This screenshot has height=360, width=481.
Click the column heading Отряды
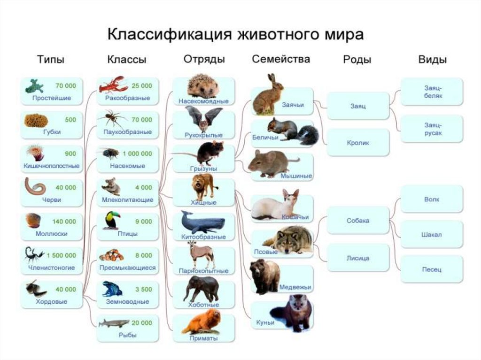click(204, 59)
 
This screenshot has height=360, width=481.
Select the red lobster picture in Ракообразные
click(113, 85)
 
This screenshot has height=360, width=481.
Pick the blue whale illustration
click(202, 222)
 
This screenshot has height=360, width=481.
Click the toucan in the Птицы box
click(111, 221)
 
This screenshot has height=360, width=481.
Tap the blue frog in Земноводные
click(111, 289)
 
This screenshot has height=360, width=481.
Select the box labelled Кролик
click(358, 143)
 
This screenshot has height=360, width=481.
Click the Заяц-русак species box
click(432, 129)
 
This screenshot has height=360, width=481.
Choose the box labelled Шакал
click(432, 234)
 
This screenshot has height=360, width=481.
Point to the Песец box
click(432, 269)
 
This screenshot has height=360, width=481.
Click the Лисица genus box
click(358, 258)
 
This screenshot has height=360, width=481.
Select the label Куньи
click(265, 322)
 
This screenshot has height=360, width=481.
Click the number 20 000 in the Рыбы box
click(142, 323)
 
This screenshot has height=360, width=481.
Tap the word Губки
click(52, 132)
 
